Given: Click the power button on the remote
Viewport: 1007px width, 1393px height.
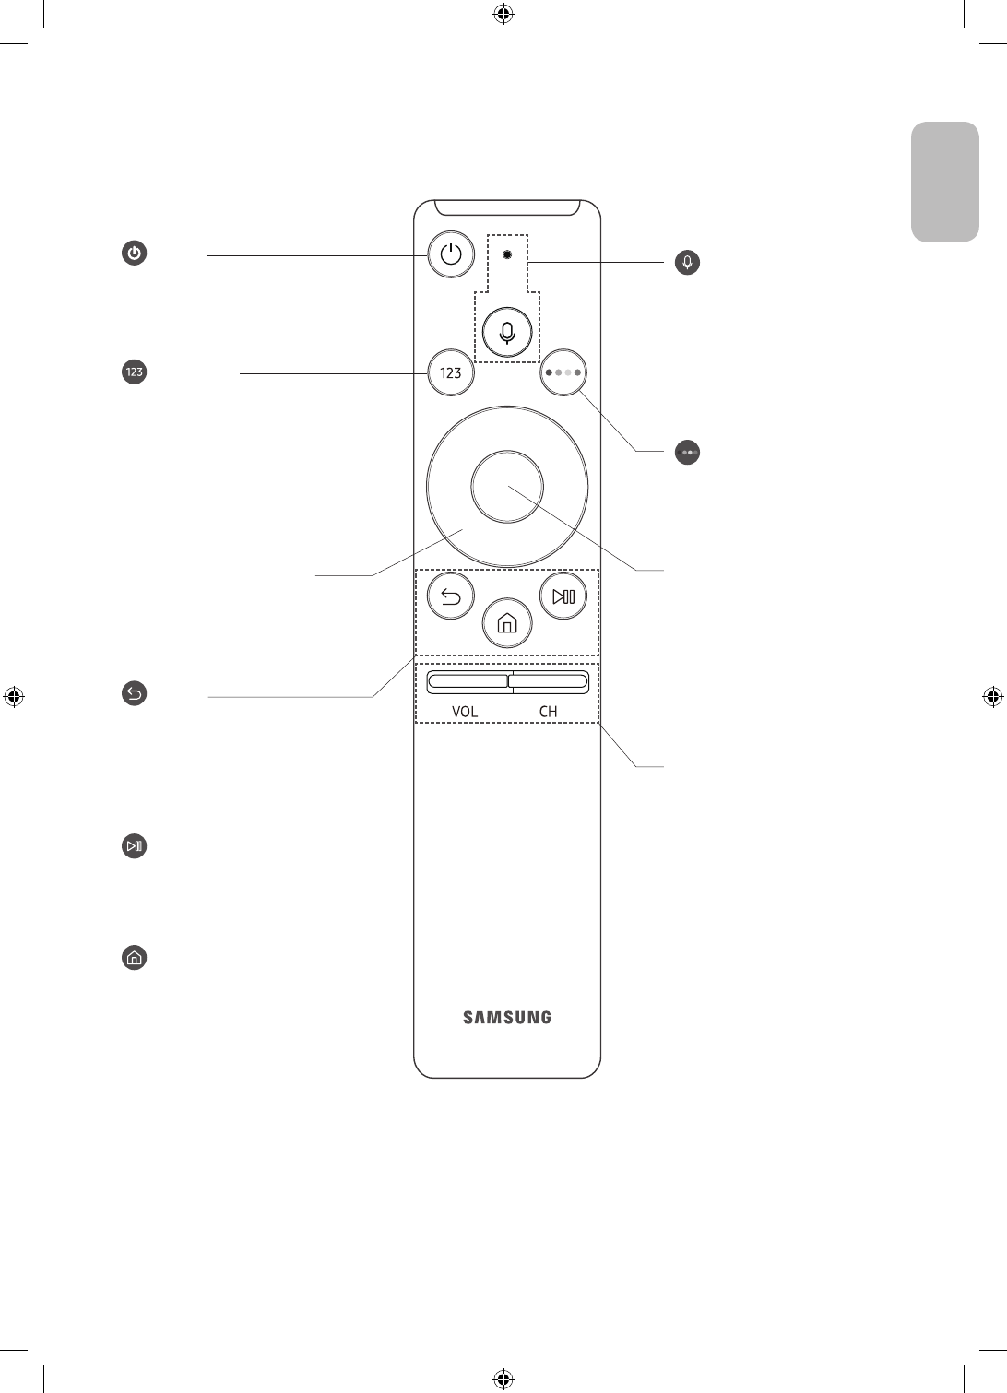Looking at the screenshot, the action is pos(451,254).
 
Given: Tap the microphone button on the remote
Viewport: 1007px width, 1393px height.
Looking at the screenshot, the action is pos(507,332).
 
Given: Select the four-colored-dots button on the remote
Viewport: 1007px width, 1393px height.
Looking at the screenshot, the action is pos(563,373).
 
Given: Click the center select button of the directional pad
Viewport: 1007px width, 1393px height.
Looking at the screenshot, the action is pos(506,487).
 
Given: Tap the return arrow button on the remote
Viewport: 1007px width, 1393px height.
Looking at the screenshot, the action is pos(451,597).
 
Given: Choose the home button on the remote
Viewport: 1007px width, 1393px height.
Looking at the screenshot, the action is pos(507,624).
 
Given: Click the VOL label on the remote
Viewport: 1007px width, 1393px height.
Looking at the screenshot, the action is pos(465,712).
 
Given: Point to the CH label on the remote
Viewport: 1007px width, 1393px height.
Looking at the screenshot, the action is pos(548,712).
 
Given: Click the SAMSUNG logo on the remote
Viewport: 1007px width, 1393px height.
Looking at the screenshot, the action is pos(507,1018).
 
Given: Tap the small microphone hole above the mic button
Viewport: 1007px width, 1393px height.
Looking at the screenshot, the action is pos(507,253).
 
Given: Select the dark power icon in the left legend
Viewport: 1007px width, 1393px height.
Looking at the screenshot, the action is pos(135,254).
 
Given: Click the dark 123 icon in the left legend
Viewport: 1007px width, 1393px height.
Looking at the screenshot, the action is pos(135,372).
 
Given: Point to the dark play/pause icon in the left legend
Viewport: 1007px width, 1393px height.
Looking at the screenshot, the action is pos(135,846).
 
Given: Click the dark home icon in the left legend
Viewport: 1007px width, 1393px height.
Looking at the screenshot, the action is pos(135,958).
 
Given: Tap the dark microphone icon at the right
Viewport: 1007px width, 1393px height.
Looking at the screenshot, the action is pos(687,263).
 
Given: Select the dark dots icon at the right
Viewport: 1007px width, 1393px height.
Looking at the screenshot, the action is pos(688,453).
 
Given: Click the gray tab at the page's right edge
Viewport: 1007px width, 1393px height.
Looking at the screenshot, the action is pos(945,182).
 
